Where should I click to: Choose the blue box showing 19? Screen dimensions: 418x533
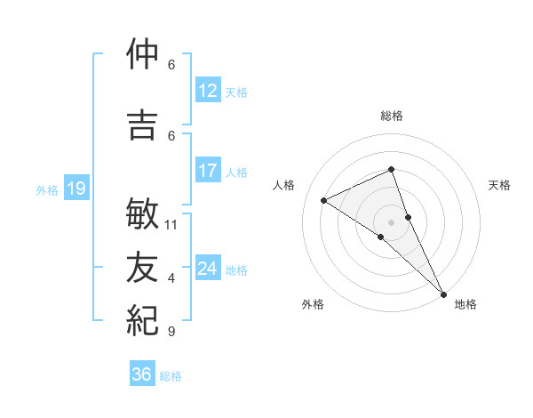pos(76,189)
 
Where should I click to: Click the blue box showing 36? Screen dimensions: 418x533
pos(141,374)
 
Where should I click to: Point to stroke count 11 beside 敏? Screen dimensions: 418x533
pos(172,224)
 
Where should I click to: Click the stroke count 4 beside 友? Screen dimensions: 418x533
pos(171,278)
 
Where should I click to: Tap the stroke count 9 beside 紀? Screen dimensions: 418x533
pos(171,332)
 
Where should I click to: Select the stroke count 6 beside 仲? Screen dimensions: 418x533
pos(171,64)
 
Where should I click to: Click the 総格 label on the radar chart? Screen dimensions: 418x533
pos(391,116)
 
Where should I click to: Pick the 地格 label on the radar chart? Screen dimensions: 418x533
pos(465,304)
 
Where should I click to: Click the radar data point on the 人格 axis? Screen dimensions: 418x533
pos(324,200)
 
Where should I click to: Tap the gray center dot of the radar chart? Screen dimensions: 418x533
pos(391,221)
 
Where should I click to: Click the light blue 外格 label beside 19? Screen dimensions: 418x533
pos(46,189)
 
